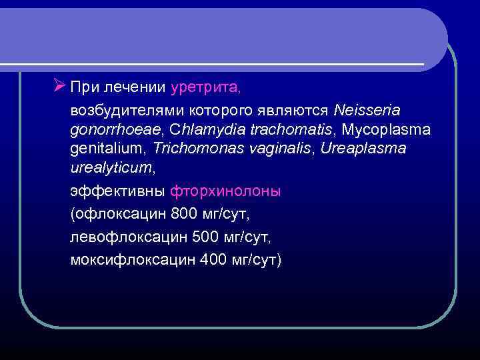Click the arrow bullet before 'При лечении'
click(59, 85)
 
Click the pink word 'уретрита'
click(205, 87)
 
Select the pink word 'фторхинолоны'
click(225, 191)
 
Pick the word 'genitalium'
click(109, 149)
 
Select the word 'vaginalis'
click(275, 148)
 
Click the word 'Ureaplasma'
click(363, 148)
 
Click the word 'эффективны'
click(117, 191)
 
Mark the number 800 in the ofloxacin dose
click(185, 214)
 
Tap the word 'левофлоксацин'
click(128, 237)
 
